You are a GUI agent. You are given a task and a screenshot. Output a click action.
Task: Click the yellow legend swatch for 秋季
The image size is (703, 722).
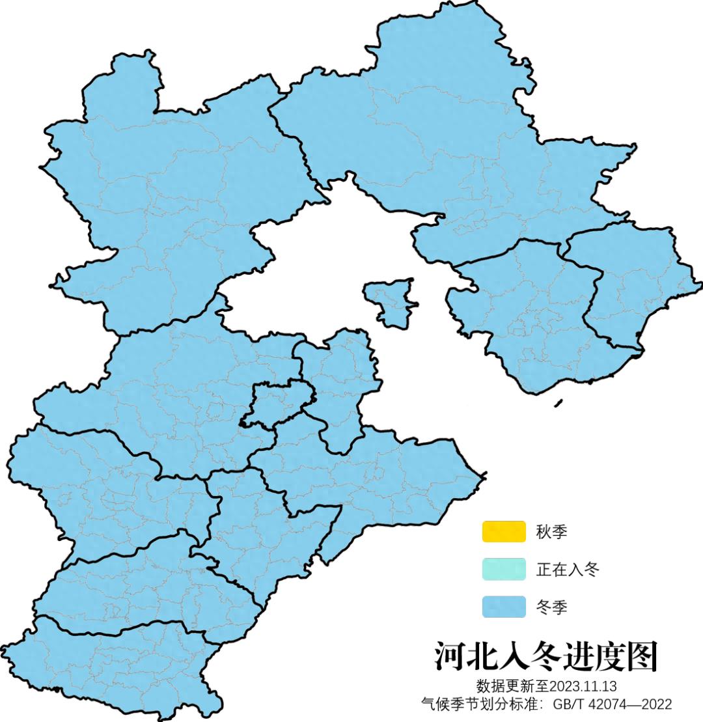tap(503, 531)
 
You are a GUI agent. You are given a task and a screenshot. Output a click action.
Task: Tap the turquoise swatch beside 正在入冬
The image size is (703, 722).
tap(503, 570)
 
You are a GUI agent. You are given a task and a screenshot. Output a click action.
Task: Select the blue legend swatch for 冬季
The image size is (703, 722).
tap(503, 607)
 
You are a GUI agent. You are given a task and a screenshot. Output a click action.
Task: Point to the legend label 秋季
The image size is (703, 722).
tap(551, 532)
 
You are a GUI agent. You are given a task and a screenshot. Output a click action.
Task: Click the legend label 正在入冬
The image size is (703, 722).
tap(567, 570)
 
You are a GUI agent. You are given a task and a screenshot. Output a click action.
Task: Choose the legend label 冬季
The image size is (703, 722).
tap(551, 607)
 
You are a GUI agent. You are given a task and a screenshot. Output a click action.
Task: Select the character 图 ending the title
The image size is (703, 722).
tap(641, 656)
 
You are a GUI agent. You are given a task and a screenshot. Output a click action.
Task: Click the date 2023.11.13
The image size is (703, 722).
tap(583, 686)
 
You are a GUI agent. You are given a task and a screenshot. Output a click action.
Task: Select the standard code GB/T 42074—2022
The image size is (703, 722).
tap(613, 704)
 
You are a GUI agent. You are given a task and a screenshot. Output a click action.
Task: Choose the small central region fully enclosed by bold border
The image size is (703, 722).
tap(277, 404)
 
